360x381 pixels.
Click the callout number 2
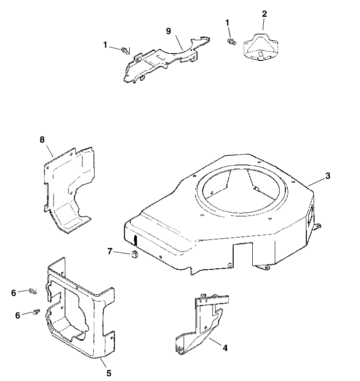pos(264,13)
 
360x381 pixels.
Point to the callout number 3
pos(327,176)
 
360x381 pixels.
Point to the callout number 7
pos(110,251)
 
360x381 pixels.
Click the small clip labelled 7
pos(135,254)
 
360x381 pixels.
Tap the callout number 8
pos(42,139)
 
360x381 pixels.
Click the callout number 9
pos(168,31)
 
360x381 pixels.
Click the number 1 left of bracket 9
pos(105,45)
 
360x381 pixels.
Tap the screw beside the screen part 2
pos(231,41)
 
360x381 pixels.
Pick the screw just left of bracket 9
pos(125,50)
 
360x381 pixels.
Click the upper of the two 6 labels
pos(14,293)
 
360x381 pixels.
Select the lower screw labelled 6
pos(35,312)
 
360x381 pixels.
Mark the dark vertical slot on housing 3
pos(135,239)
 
